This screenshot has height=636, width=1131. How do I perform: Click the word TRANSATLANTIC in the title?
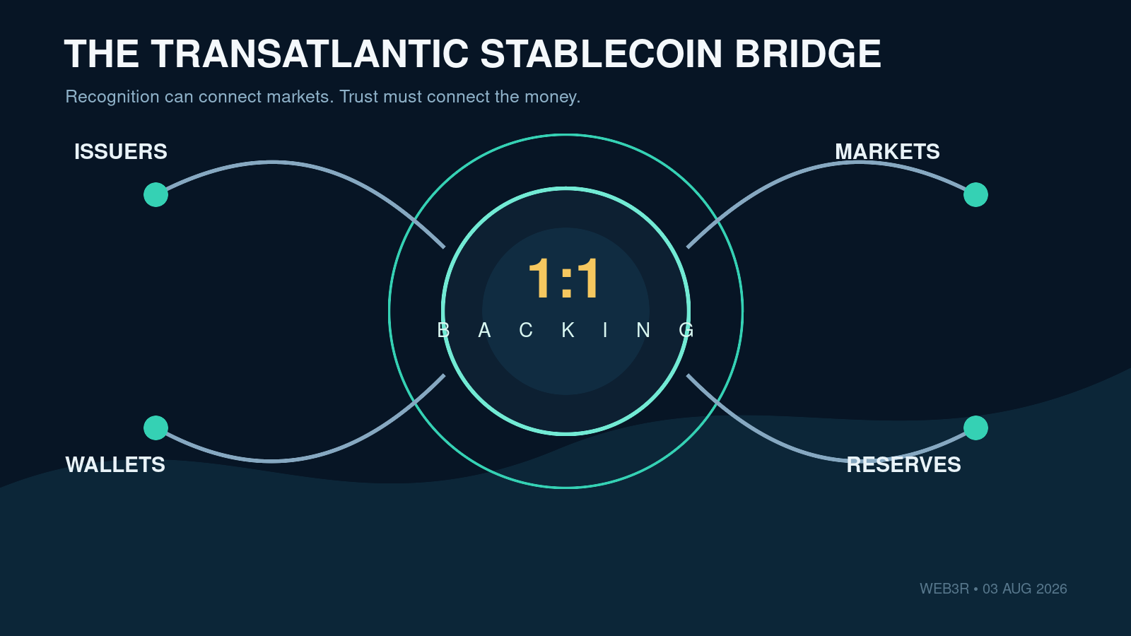coord(310,54)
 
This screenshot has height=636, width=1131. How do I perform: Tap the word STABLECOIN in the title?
coord(601,54)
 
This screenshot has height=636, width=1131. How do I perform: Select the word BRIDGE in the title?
coord(808,54)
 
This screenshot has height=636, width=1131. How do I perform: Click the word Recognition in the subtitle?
coord(112,97)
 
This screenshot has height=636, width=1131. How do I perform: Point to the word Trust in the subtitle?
coord(358,96)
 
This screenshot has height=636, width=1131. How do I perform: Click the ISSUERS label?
coord(121,152)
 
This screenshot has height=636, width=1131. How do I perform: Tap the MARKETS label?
coord(887,152)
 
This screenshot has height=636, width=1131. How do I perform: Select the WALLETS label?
coord(115,465)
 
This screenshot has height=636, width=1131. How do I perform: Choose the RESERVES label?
coord(904,465)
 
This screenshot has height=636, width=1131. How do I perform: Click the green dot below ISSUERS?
coord(156,195)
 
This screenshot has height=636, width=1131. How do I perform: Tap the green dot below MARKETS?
coord(975,195)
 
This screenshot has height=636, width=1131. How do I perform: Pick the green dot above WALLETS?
coord(156,428)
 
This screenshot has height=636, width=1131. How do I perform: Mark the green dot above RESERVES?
coord(975,428)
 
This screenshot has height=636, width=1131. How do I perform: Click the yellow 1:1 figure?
coord(564,278)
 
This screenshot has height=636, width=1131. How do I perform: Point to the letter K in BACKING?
coord(568,330)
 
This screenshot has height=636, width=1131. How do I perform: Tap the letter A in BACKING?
coord(485,330)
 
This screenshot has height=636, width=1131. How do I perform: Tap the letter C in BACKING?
coord(526,330)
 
